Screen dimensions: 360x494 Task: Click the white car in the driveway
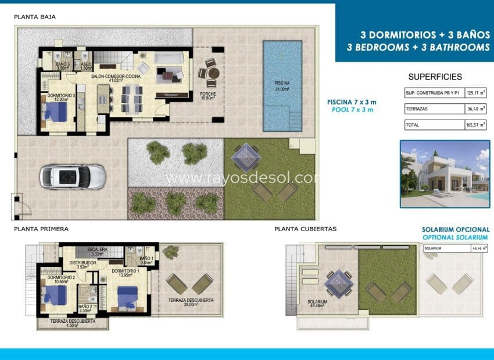coord(73,175)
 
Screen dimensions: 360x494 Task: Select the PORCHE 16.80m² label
coord(208,96)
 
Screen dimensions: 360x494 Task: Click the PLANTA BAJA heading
coord(35,17)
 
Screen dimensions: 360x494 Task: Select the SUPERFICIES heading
coord(435,77)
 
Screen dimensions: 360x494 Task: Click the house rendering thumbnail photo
coord(445,174)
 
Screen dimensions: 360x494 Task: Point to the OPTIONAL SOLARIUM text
coord(456,238)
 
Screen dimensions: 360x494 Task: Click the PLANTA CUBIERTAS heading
coord(305,229)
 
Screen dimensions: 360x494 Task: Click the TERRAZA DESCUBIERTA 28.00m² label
coord(191,303)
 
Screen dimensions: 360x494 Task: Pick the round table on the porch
coord(213,73)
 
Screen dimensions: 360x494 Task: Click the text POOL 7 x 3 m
coord(352,109)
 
